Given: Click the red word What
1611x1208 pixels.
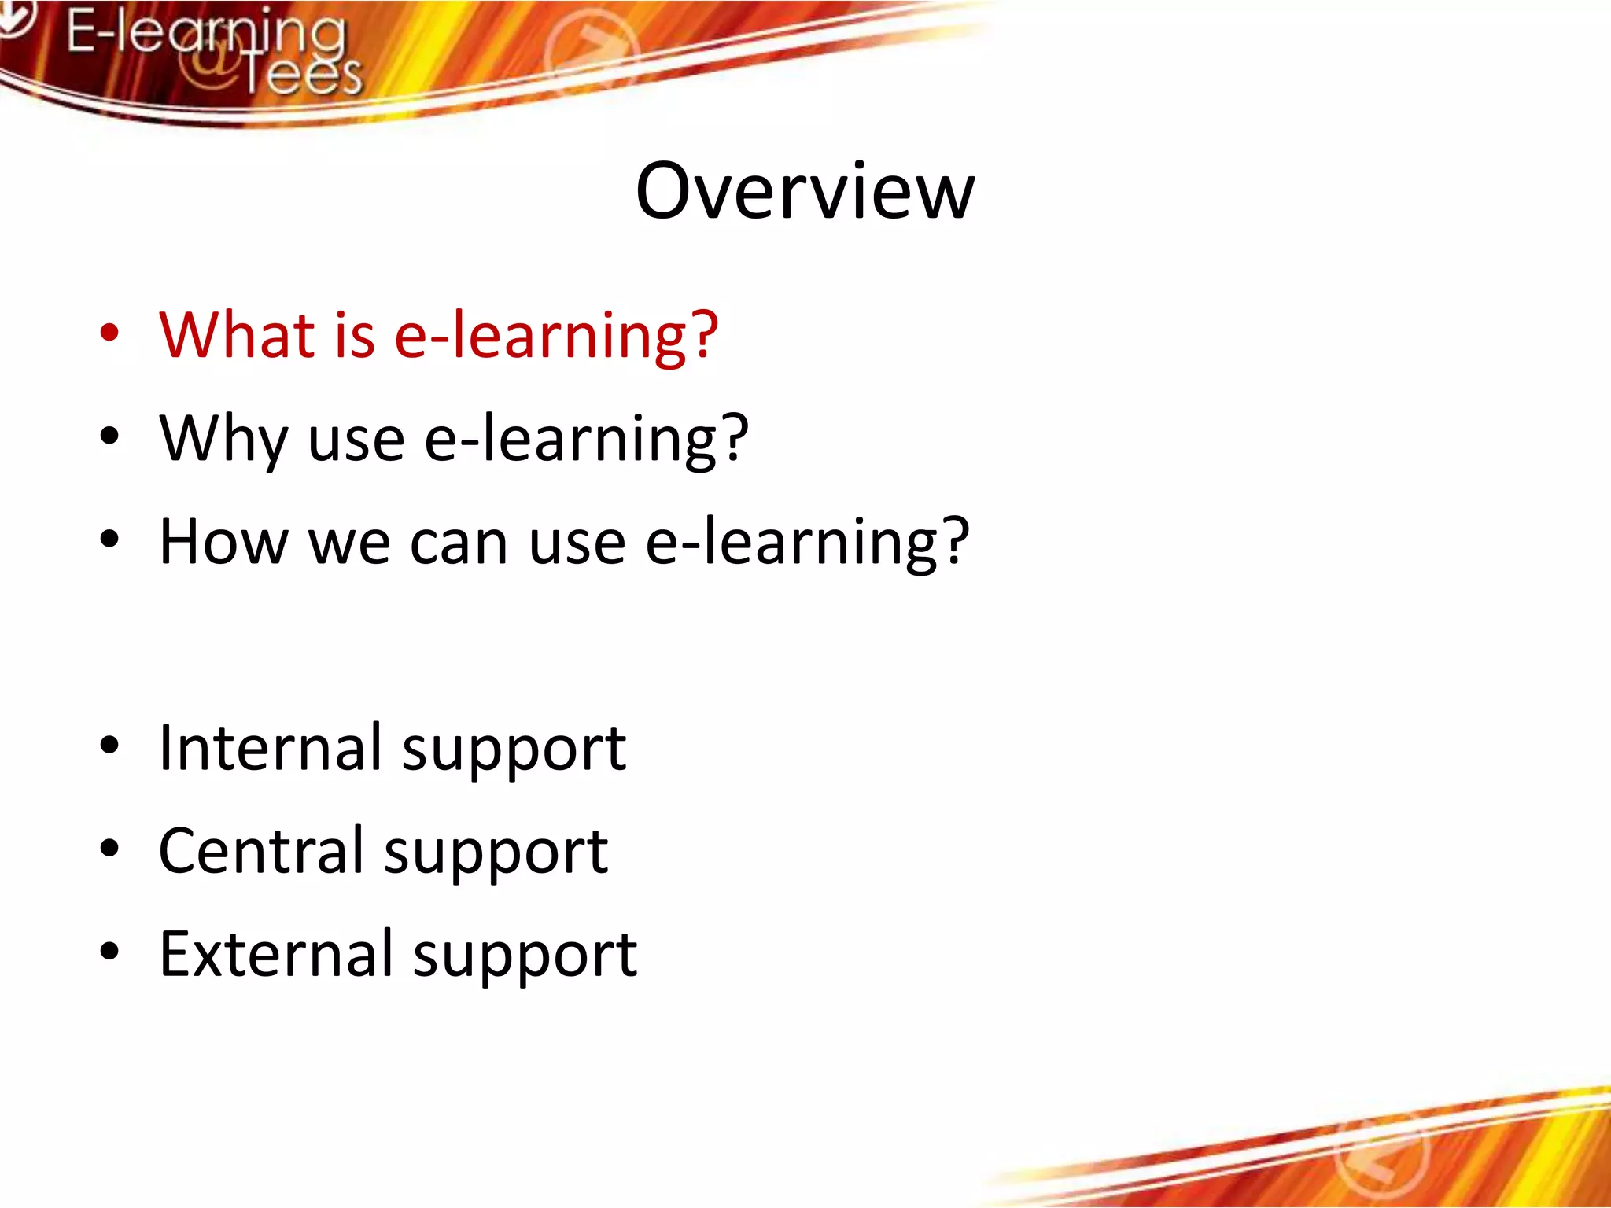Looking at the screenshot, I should point(237,335).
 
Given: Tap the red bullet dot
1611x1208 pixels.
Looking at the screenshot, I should point(109,332).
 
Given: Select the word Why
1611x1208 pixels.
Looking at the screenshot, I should point(223,439).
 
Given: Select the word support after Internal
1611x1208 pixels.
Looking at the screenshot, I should point(514,751).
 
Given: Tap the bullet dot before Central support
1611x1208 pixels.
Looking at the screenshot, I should point(109,849).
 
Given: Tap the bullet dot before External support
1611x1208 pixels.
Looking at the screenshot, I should point(109,952).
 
